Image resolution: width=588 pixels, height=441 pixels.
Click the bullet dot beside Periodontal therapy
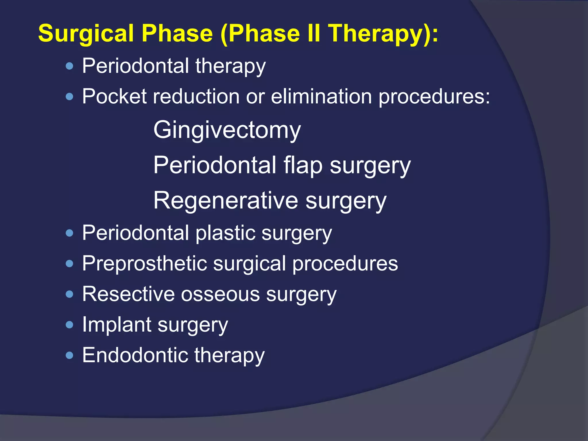[x=69, y=67]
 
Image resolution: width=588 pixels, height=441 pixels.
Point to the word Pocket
[x=114, y=96]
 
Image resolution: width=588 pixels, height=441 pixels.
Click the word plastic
[x=225, y=233]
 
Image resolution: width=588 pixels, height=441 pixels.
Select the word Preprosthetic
[x=144, y=264]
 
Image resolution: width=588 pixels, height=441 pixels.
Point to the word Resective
[x=128, y=294]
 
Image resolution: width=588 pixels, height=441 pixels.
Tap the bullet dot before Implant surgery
[x=69, y=325]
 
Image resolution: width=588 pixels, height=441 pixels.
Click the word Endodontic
[x=135, y=355]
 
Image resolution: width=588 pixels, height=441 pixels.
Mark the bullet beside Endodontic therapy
[x=69, y=356]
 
